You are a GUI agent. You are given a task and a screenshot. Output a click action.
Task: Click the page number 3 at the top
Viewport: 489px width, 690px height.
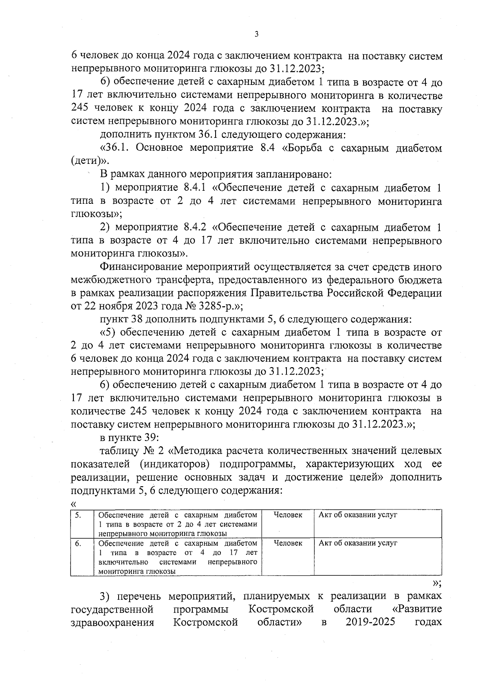coord(256,34)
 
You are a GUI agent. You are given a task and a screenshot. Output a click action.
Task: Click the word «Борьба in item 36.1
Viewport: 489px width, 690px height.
coord(303,148)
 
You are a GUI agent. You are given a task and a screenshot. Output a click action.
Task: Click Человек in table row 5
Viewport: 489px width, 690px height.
coord(288,515)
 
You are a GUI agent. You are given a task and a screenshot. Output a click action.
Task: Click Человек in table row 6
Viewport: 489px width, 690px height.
coord(288,543)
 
